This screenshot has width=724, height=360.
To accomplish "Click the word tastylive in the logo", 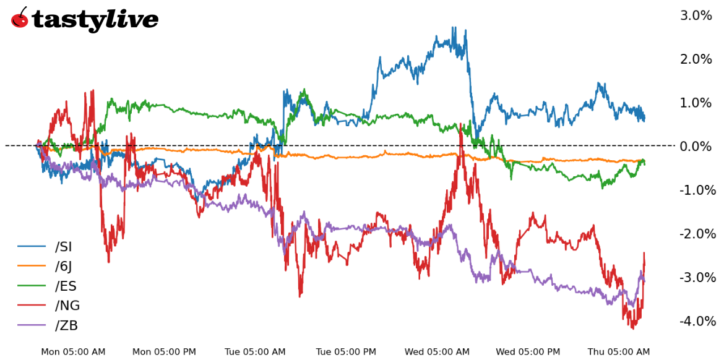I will click(x=95, y=20).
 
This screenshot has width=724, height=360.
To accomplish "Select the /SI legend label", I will click(x=64, y=247).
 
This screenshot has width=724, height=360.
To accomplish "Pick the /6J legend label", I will click(x=64, y=267).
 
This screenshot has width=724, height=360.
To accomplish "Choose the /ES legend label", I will click(x=65, y=286).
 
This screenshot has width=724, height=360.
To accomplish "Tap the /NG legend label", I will click(x=67, y=306).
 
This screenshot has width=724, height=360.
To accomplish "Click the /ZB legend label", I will click(x=66, y=325).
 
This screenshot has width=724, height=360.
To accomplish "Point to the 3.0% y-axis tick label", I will click(x=696, y=15).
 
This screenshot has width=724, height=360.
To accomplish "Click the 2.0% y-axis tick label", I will click(x=696, y=59).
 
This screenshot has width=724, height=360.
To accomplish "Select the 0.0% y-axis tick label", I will click(x=696, y=147).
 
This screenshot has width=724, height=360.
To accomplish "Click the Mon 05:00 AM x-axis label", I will click(x=73, y=352).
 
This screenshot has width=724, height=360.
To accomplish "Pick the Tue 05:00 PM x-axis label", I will click(x=346, y=352).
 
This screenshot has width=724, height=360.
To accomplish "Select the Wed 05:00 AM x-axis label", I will click(x=437, y=352).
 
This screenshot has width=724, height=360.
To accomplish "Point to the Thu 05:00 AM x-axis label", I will click(x=619, y=352).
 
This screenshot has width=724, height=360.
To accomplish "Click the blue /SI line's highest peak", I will click(x=454, y=28).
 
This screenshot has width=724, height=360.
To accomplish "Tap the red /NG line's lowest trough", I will click(x=632, y=328).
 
